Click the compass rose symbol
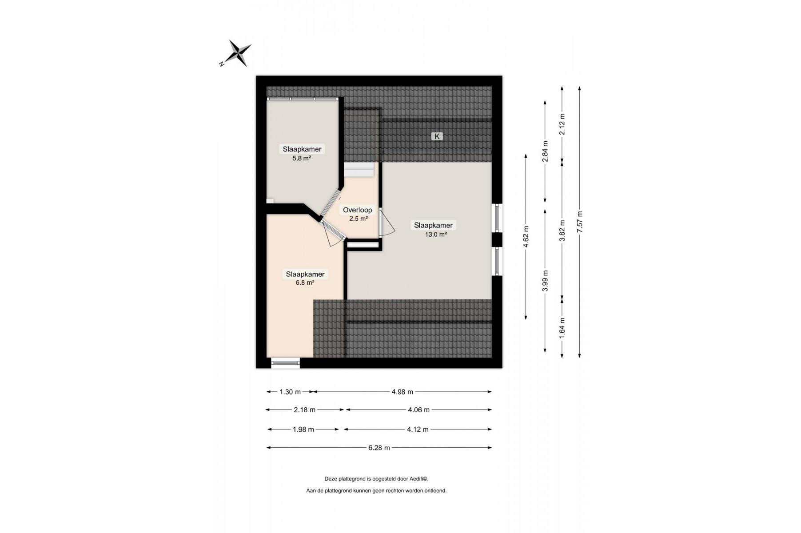pyautogui.click(x=236, y=54)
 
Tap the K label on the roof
pyautogui.click(x=437, y=136)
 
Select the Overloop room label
pyautogui.click(x=358, y=210)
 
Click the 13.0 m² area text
pyautogui.click(x=436, y=235)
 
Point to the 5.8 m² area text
pyautogui.click(x=302, y=158)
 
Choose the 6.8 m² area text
pyautogui.click(x=305, y=282)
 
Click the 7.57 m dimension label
pyautogui.click(x=579, y=222)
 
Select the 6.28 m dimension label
pyautogui.click(x=379, y=448)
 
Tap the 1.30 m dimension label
pyautogui.click(x=290, y=392)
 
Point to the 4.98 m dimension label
pyautogui.click(x=402, y=392)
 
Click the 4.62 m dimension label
pyautogui.click(x=526, y=237)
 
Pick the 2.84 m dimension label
pyautogui.click(x=545, y=151)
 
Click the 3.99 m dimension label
pyautogui.click(x=545, y=281)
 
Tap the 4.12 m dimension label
pyautogui.click(x=418, y=430)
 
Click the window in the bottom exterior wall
pyautogui.click(x=285, y=363)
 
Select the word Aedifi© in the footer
pyautogui.click(x=418, y=479)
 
